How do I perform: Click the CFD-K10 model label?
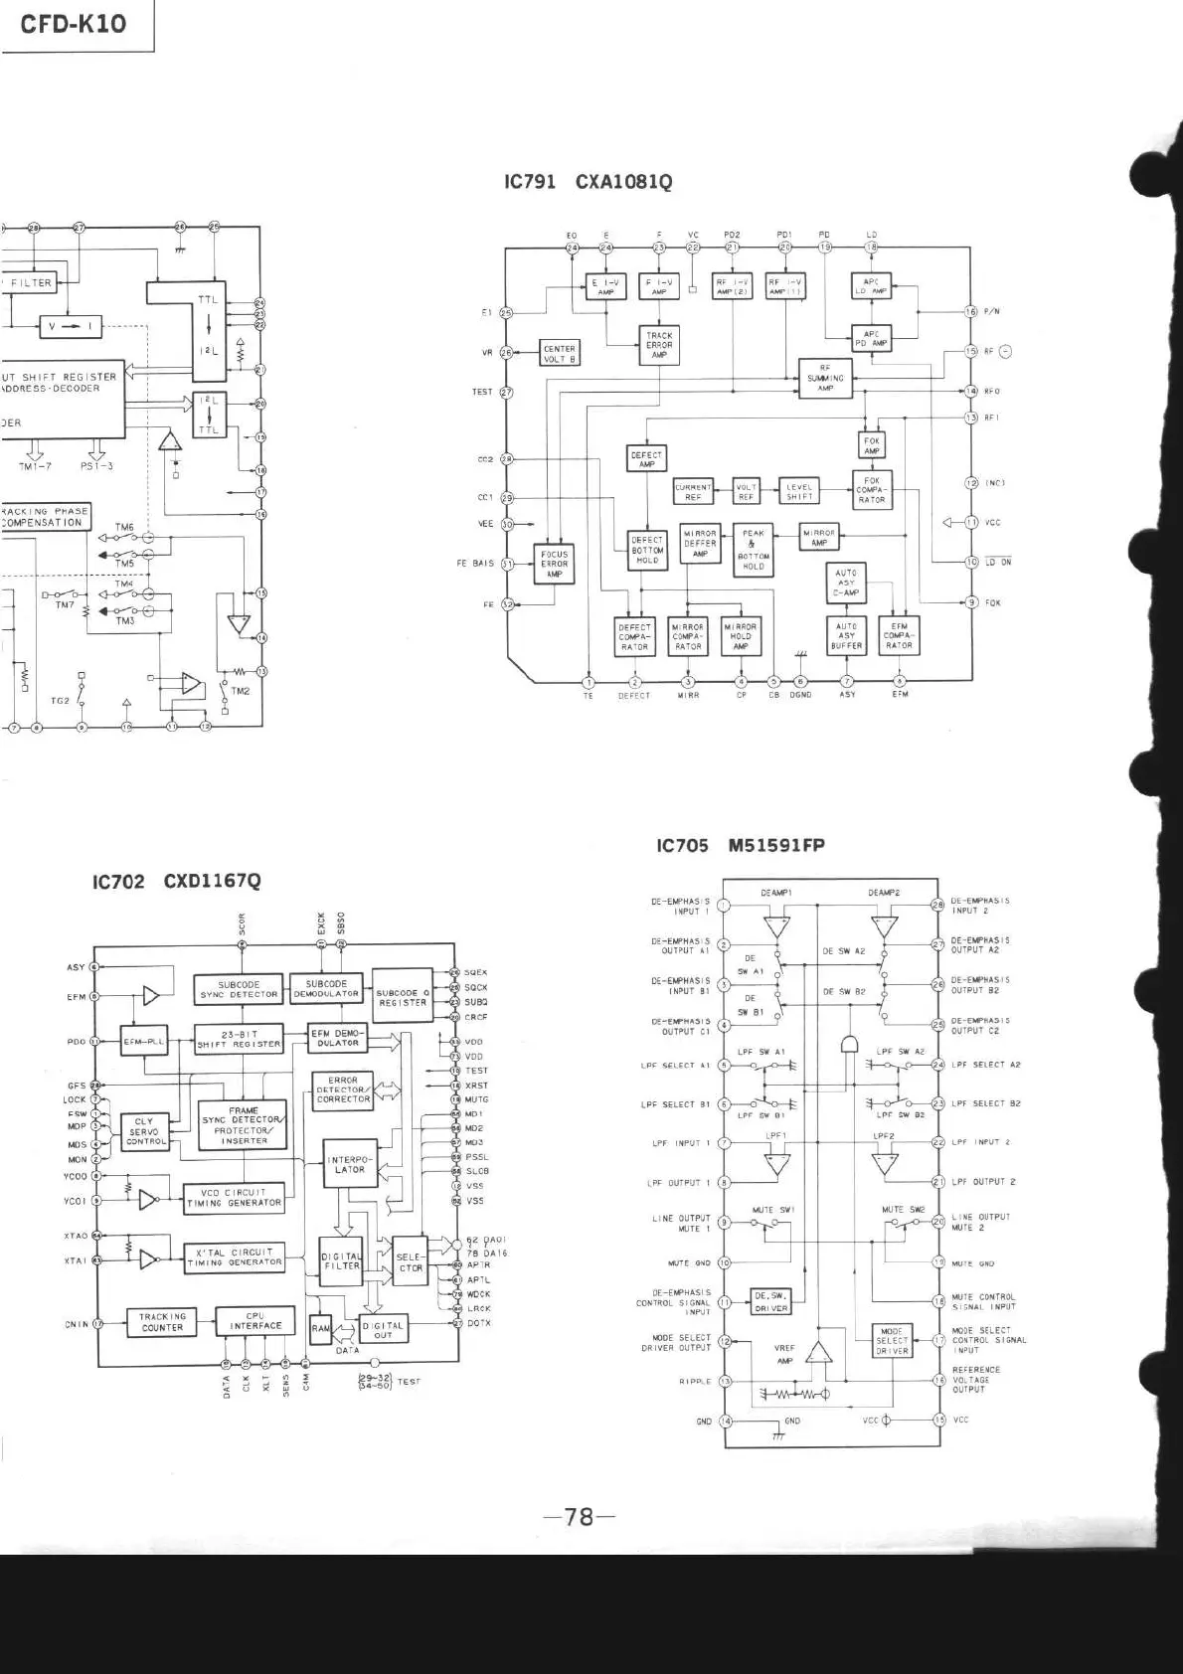[74, 24]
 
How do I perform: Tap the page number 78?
[579, 1516]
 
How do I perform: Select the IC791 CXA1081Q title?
[588, 182]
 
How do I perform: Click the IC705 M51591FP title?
[740, 846]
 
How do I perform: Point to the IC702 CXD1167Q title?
[176, 881]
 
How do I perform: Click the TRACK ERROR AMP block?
[659, 345]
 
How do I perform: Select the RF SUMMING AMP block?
[825, 379]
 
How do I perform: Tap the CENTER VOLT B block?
[560, 353]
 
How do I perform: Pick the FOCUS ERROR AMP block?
[554, 564]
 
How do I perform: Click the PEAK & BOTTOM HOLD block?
[754, 550]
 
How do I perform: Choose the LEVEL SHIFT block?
[799, 492]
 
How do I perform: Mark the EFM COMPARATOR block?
[899, 636]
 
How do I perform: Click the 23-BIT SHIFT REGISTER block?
[239, 1039]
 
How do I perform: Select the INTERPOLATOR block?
[350, 1165]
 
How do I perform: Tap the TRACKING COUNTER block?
[162, 1322]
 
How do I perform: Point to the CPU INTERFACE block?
[255, 1321]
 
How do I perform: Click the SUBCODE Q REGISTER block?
[402, 998]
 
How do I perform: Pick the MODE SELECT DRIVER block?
[892, 1341]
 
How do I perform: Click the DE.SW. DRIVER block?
[770, 1301]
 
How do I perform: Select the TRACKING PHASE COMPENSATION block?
[45, 517]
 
